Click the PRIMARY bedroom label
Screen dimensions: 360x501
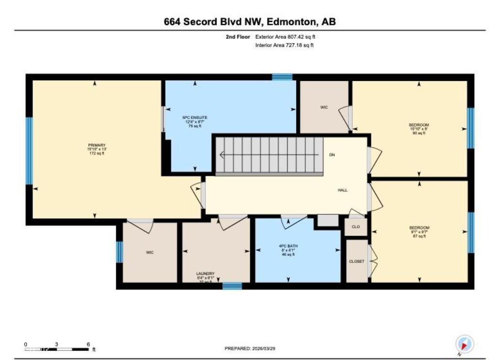pos(96,145)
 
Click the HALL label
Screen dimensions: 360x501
pos(343,190)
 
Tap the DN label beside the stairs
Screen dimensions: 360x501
pos(332,155)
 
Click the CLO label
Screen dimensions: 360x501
pos(355,227)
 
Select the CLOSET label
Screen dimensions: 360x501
pos(356,261)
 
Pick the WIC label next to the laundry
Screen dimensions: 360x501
pos(150,252)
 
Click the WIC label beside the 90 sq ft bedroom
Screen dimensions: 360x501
pos(324,107)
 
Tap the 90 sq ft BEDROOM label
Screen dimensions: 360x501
pos(419,125)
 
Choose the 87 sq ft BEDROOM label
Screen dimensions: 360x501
pos(419,227)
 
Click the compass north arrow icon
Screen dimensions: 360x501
pos(465,344)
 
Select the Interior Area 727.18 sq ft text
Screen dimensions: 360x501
pos(284,45)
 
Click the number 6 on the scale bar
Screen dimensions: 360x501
pos(88,344)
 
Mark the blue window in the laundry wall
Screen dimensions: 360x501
pos(232,286)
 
